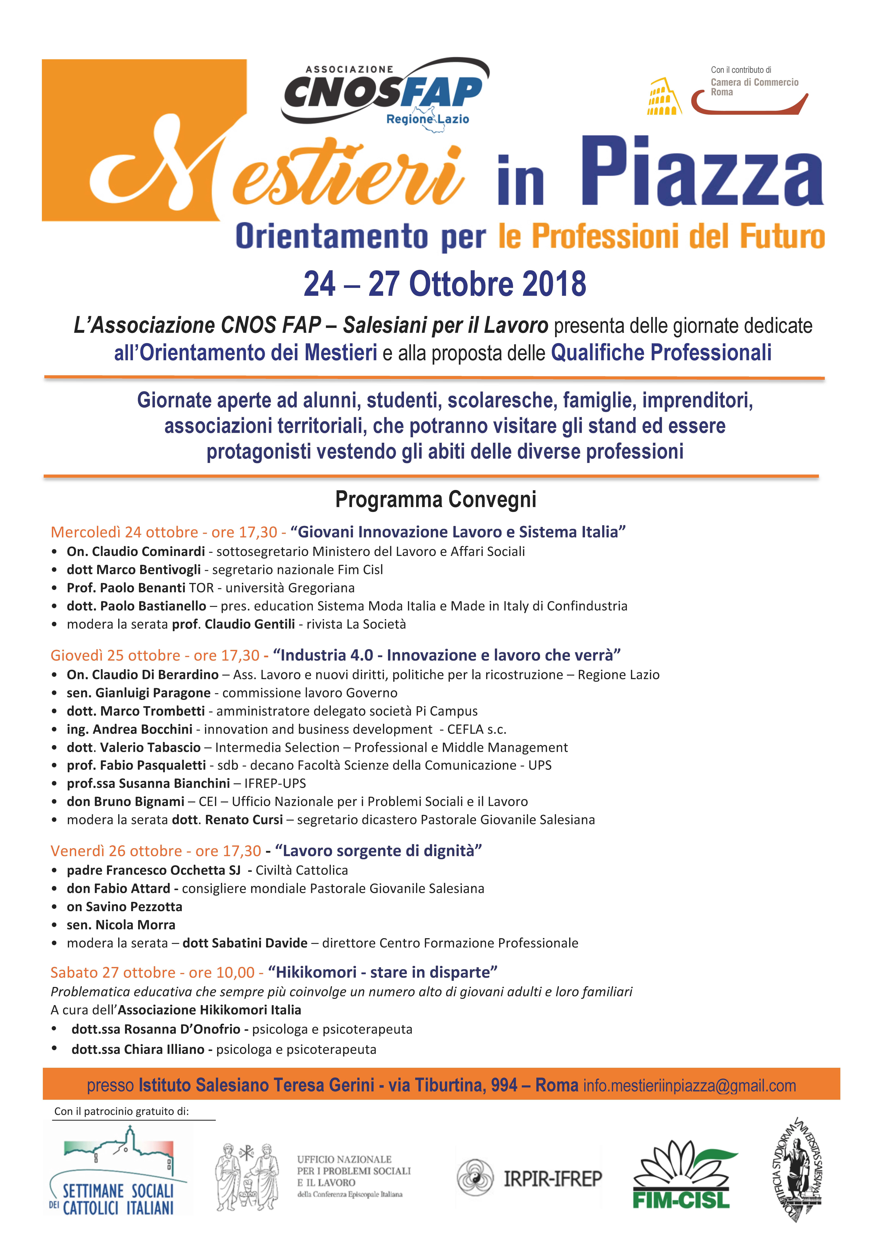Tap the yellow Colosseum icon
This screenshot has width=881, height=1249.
pos(663,97)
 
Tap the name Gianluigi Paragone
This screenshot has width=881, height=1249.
pos(153,693)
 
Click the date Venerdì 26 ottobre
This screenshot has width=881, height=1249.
pos(115,851)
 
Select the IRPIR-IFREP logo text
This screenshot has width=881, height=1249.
pos(552,1179)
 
